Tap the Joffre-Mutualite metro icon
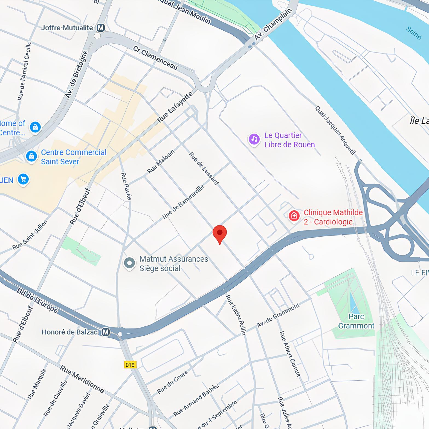click(101, 28)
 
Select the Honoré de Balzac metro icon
click(106, 332)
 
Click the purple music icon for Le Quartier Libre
click(254, 139)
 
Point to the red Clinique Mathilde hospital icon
click(294, 216)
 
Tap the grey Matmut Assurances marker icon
click(129, 263)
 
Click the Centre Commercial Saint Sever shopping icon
click(31, 156)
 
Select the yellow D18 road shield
click(130, 365)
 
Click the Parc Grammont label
click(356, 321)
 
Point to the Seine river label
click(413, 33)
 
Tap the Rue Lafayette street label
click(175, 107)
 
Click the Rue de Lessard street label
click(204, 169)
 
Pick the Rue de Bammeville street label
click(183, 202)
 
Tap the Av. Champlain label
click(273, 25)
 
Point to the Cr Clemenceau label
click(155, 58)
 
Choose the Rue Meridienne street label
click(82, 379)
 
